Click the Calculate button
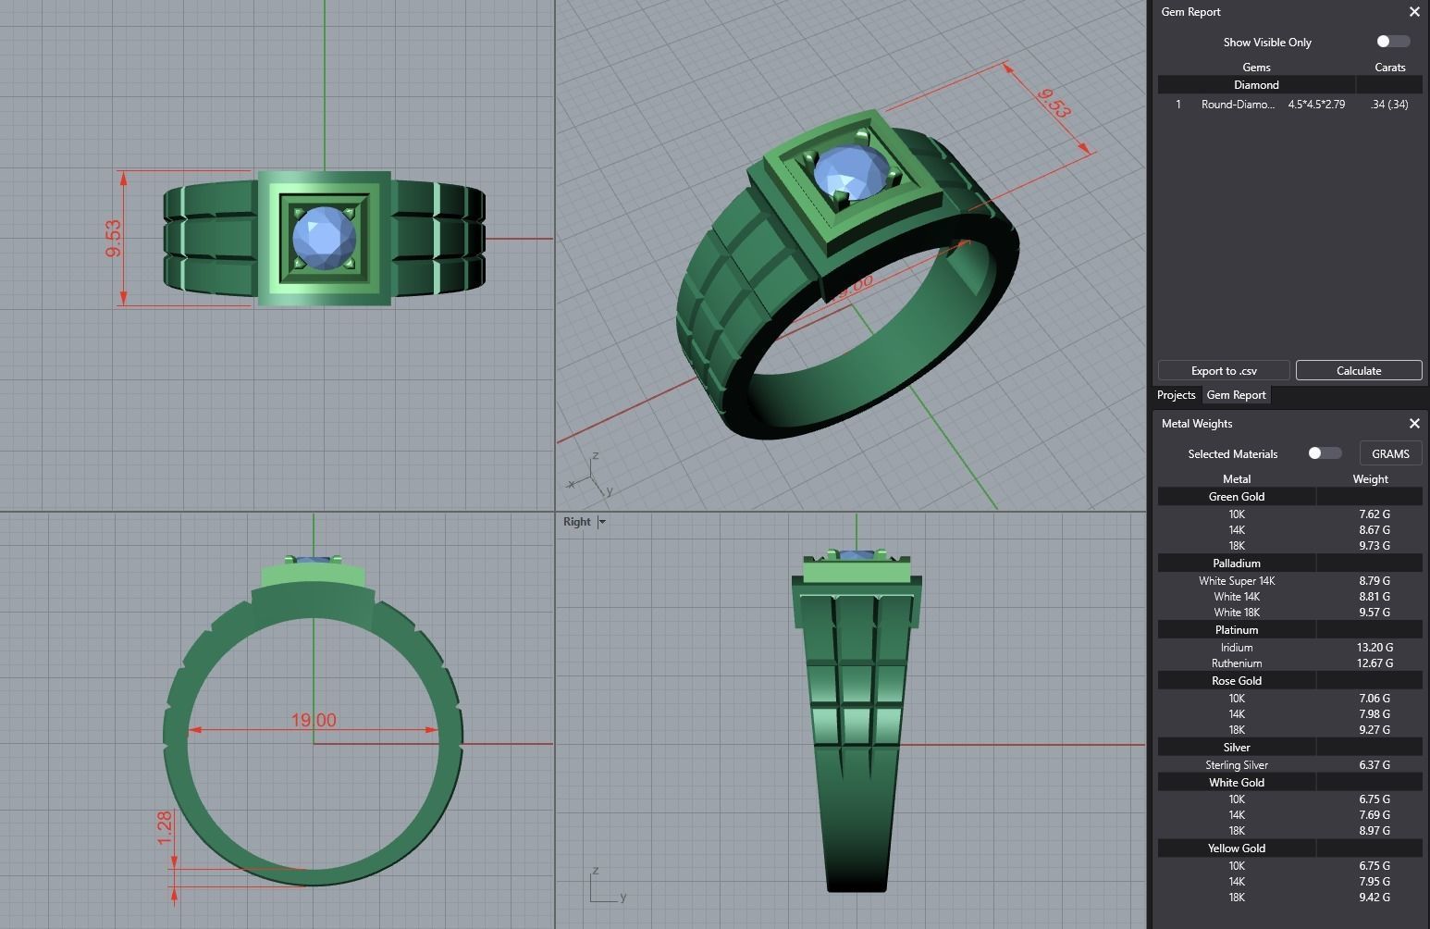point(1358,370)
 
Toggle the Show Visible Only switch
point(1392,42)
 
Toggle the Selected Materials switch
point(1324,453)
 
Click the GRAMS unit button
point(1390,453)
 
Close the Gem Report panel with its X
point(1413,12)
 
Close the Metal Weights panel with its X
point(1413,424)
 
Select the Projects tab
point(1176,395)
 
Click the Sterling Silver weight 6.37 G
point(1374,765)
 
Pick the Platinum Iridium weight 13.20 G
point(1374,648)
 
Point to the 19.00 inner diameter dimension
point(314,720)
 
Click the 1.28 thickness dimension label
point(165,827)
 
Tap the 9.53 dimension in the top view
point(114,238)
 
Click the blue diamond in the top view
point(323,238)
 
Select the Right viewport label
point(576,522)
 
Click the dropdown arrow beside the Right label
point(602,522)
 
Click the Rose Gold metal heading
point(1236,681)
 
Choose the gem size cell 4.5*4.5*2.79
point(1316,105)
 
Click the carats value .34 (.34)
point(1388,105)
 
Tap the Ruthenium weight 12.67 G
point(1374,663)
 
